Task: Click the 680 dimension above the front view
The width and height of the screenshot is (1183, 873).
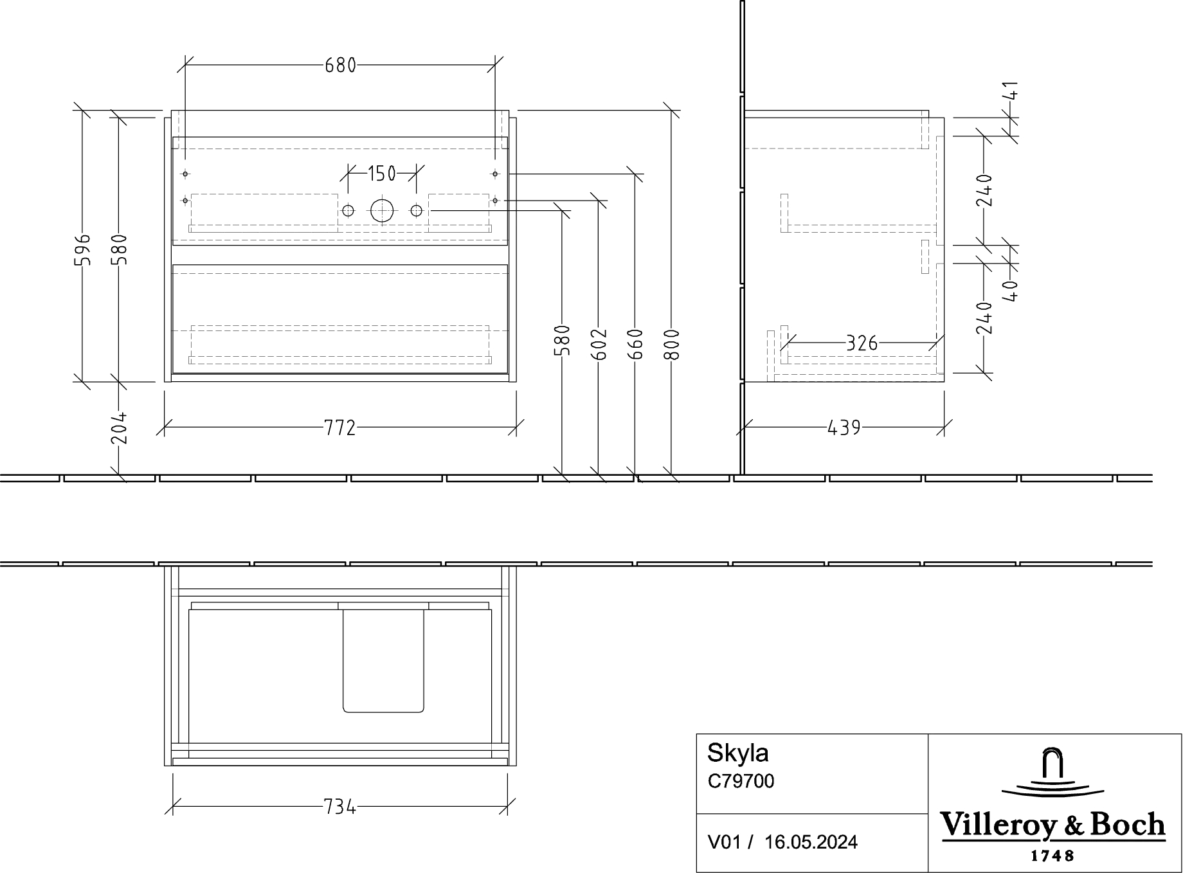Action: point(340,66)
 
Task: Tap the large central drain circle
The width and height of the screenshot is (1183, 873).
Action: point(382,210)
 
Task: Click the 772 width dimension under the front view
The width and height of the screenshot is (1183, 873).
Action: point(340,428)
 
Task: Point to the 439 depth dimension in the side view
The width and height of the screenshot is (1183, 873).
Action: point(844,427)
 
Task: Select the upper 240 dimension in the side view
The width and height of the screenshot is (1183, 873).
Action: point(984,192)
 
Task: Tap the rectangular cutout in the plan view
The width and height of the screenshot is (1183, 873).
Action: point(383,661)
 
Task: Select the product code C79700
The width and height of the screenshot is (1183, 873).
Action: point(742,781)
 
